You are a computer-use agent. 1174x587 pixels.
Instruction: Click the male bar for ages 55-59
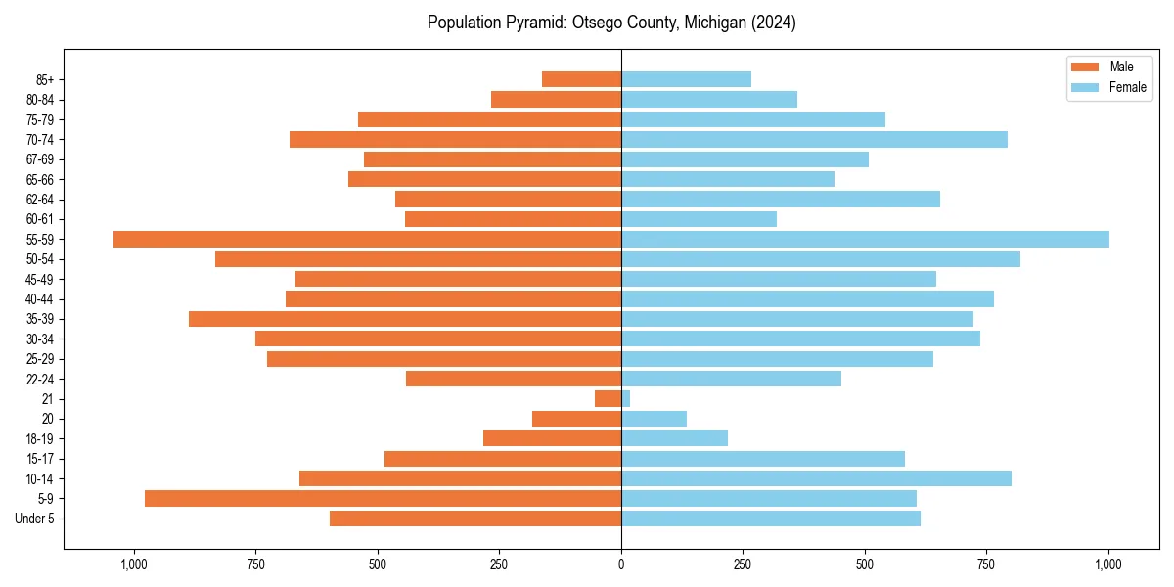click(367, 239)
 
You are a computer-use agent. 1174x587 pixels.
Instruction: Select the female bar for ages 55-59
click(865, 239)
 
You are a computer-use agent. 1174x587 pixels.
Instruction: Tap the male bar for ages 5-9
click(383, 498)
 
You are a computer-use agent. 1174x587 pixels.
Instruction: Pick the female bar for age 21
click(625, 398)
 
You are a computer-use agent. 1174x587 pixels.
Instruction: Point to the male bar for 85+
click(581, 79)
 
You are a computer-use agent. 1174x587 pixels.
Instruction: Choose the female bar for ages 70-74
click(814, 139)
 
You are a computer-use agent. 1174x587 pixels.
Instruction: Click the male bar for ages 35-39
click(405, 319)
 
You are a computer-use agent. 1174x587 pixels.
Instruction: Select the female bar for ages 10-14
click(816, 478)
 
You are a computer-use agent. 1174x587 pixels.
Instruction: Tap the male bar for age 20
click(576, 419)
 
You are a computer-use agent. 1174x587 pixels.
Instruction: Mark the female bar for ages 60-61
click(699, 219)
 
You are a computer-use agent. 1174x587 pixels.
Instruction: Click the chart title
click(611, 23)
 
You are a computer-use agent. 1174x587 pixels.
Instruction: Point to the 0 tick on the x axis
click(621, 564)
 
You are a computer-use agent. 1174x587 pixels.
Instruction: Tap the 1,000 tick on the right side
click(1108, 564)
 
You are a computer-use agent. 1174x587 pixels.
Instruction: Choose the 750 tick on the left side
click(255, 564)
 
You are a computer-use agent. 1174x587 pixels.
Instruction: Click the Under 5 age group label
click(34, 519)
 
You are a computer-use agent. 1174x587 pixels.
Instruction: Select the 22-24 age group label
click(40, 379)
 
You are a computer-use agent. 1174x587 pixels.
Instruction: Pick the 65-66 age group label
click(40, 179)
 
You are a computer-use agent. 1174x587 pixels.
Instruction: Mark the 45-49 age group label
click(40, 279)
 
